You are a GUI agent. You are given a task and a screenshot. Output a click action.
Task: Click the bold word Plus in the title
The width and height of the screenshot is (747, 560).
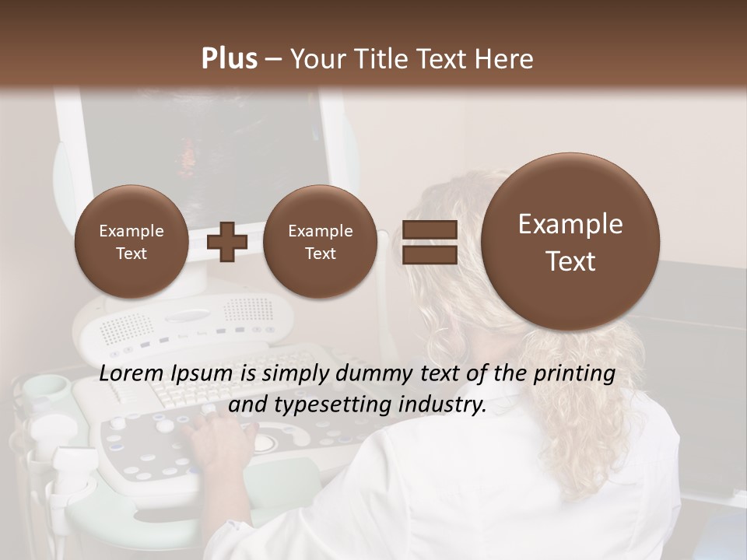229,59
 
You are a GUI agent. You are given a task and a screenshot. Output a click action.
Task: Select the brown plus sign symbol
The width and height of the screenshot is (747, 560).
227,241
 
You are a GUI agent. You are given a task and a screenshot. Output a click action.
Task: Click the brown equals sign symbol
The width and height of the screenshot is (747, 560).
430,241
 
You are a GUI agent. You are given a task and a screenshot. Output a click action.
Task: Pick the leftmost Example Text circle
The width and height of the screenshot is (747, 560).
131,241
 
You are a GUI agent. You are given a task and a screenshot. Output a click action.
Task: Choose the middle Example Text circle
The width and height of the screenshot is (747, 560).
320,241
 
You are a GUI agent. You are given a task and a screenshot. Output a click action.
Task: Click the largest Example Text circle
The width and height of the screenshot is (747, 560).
570,241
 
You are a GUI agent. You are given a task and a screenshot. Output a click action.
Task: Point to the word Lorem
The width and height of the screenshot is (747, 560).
132,374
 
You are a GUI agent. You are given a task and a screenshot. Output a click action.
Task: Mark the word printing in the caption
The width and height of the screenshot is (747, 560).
573,374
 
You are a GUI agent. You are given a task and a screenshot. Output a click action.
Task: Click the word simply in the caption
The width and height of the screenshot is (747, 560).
296,374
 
